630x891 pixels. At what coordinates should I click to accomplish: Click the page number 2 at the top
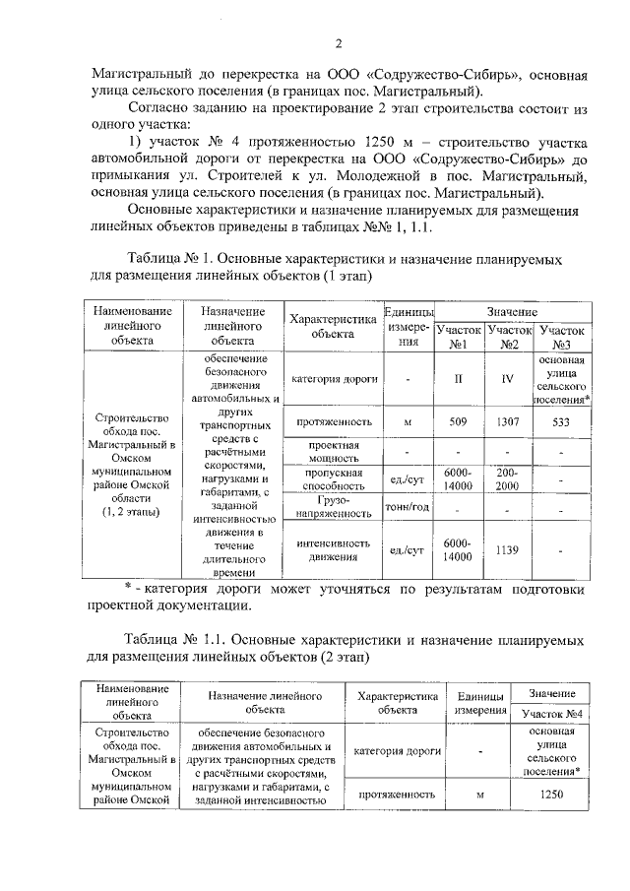(338, 43)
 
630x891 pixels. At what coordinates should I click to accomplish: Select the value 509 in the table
(456, 422)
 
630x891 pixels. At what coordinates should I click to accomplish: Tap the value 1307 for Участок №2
(508, 422)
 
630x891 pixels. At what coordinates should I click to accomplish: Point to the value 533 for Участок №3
(562, 422)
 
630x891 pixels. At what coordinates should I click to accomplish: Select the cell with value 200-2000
(508, 479)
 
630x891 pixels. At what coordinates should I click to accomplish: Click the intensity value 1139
(508, 549)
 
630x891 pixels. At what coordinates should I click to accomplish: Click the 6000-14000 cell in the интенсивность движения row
(456, 549)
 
